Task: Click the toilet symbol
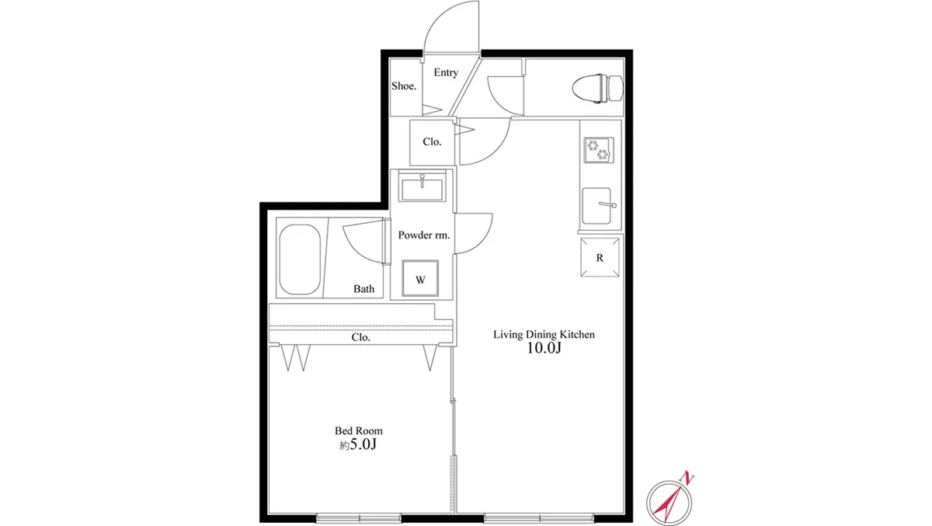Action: [597, 89]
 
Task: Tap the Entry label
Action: [446, 72]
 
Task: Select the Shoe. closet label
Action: [404, 85]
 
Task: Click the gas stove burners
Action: [598, 150]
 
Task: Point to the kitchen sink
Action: [596, 206]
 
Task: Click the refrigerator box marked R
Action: [600, 257]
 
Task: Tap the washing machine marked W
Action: [420, 278]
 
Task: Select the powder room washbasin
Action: [422, 188]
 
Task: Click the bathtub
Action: [300, 260]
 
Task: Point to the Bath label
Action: [363, 288]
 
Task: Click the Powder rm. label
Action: [423, 235]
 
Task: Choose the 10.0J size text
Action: [544, 348]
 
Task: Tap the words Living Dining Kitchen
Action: [544, 334]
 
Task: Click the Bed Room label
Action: [358, 430]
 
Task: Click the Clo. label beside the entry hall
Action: [432, 142]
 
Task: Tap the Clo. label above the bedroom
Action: [360, 337]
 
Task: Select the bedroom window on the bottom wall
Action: [359, 518]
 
